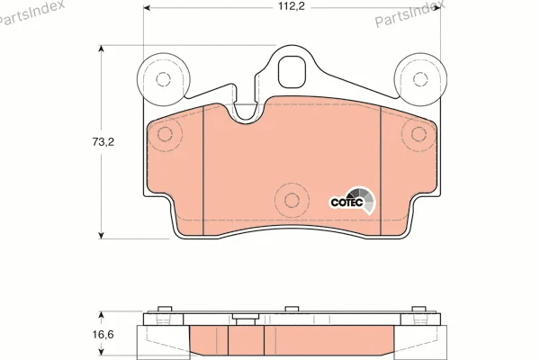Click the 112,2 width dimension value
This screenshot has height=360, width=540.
pyautogui.click(x=292, y=6)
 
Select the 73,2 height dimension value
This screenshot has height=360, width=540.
pyautogui.click(x=103, y=141)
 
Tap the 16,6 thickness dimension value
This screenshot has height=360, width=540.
pyautogui.click(x=103, y=334)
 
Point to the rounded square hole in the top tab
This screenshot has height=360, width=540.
pyautogui.click(x=292, y=72)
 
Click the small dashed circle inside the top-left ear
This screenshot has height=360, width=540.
pyautogui.click(x=163, y=79)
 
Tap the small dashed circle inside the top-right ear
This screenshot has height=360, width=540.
pyautogui.click(x=420, y=79)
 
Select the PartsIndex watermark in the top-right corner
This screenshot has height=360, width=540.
pyautogui.click(x=409, y=13)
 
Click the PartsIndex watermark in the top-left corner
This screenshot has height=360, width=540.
pyautogui.click(x=31, y=12)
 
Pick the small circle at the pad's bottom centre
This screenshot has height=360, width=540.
pyautogui.click(x=292, y=200)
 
